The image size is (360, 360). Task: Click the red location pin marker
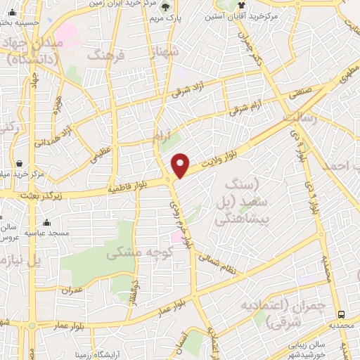(181, 166)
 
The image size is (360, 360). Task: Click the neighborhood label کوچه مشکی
(138, 253)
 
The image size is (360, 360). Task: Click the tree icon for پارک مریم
(166, 7)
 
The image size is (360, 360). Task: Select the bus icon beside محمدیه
(342, 314)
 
